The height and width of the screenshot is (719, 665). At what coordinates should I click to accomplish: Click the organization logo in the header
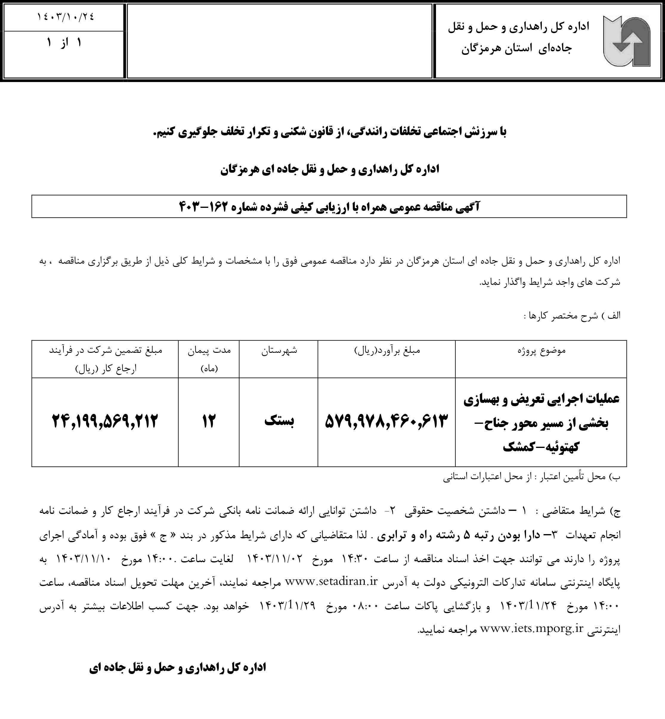pos(627,41)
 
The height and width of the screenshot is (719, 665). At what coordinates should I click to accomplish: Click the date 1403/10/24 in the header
pos(66,17)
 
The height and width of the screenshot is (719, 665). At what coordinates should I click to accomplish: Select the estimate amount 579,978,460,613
pos(386,421)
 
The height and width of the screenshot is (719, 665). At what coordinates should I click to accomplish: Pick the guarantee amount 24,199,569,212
pos(105,421)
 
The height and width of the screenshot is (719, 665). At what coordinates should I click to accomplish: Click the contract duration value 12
pos(208,421)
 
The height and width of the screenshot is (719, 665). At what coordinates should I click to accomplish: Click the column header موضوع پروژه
pos(541,350)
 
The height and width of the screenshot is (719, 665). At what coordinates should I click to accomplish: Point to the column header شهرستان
pos(279,350)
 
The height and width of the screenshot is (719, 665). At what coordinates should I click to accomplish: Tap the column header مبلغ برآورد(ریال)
pos(387,350)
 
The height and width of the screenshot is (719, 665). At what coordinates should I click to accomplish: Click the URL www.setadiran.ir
pos(331,582)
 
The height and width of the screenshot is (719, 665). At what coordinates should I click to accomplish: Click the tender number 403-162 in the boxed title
pos(203,207)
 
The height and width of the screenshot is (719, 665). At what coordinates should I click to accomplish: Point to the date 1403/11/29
pos(287,605)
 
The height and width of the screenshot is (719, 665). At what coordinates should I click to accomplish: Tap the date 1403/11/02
pos(275,558)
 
